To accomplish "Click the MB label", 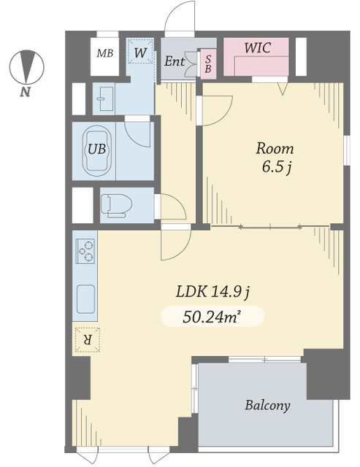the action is pos(105,53).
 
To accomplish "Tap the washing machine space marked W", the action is pos(139,51).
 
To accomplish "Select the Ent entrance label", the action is pos(175,61).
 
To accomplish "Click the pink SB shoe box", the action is pos(208,64).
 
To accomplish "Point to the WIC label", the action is pos(258,47).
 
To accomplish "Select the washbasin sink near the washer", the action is pos(103,99).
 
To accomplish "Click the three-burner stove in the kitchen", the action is pos(86,251).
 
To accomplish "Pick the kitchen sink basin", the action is pos(86,299).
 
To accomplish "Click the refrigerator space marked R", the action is pos(88,340).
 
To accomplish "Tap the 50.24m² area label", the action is pos(211,317).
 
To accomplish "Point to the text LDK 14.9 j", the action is pos(212,292).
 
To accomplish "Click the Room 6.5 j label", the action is pos(275,158).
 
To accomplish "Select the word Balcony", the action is pos(267,406).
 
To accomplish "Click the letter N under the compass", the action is pos(26,92).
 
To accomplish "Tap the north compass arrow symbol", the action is pos(27,66).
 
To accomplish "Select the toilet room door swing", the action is pos(174,207).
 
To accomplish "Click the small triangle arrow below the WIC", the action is pos(283,89).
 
